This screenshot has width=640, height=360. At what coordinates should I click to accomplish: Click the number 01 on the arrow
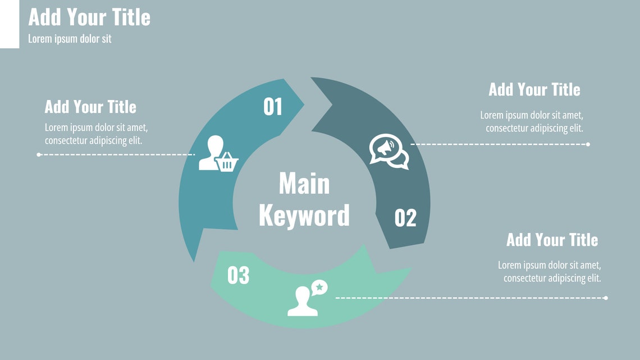click(x=273, y=107)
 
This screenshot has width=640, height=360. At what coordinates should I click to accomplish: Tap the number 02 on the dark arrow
click(x=405, y=217)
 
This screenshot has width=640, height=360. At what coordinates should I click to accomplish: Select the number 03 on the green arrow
click(x=239, y=275)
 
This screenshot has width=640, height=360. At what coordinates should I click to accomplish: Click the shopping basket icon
click(x=227, y=162)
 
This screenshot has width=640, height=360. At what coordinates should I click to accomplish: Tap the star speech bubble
click(x=319, y=288)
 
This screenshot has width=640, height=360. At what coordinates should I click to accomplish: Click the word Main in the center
click(x=304, y=184)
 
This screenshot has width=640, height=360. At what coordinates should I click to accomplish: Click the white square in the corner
click(x=10, y=24)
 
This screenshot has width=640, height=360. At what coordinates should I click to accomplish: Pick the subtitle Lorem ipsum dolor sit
click(x=70, y=39)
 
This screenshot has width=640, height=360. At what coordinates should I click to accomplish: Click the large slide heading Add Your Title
click(x=89, y=17)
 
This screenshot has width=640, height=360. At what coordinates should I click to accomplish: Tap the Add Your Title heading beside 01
click(x=90, y=107)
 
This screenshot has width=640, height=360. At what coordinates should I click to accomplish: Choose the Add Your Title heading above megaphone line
click(x=534, y=89)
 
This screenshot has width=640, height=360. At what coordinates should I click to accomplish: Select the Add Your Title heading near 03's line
click(x=552, y=240)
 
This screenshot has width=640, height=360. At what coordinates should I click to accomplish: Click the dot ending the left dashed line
click(x=39, y=154)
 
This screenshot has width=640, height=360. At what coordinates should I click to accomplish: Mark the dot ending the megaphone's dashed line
click(x=588, y=144)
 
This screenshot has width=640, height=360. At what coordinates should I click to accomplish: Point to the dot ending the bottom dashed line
click(x=606, y=298)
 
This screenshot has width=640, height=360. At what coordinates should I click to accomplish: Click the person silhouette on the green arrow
click(x=303, y=302)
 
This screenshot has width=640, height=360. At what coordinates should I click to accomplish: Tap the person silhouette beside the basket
click(x=210, y=152)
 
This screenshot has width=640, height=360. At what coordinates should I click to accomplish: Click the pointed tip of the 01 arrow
click(x=304, y=104)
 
